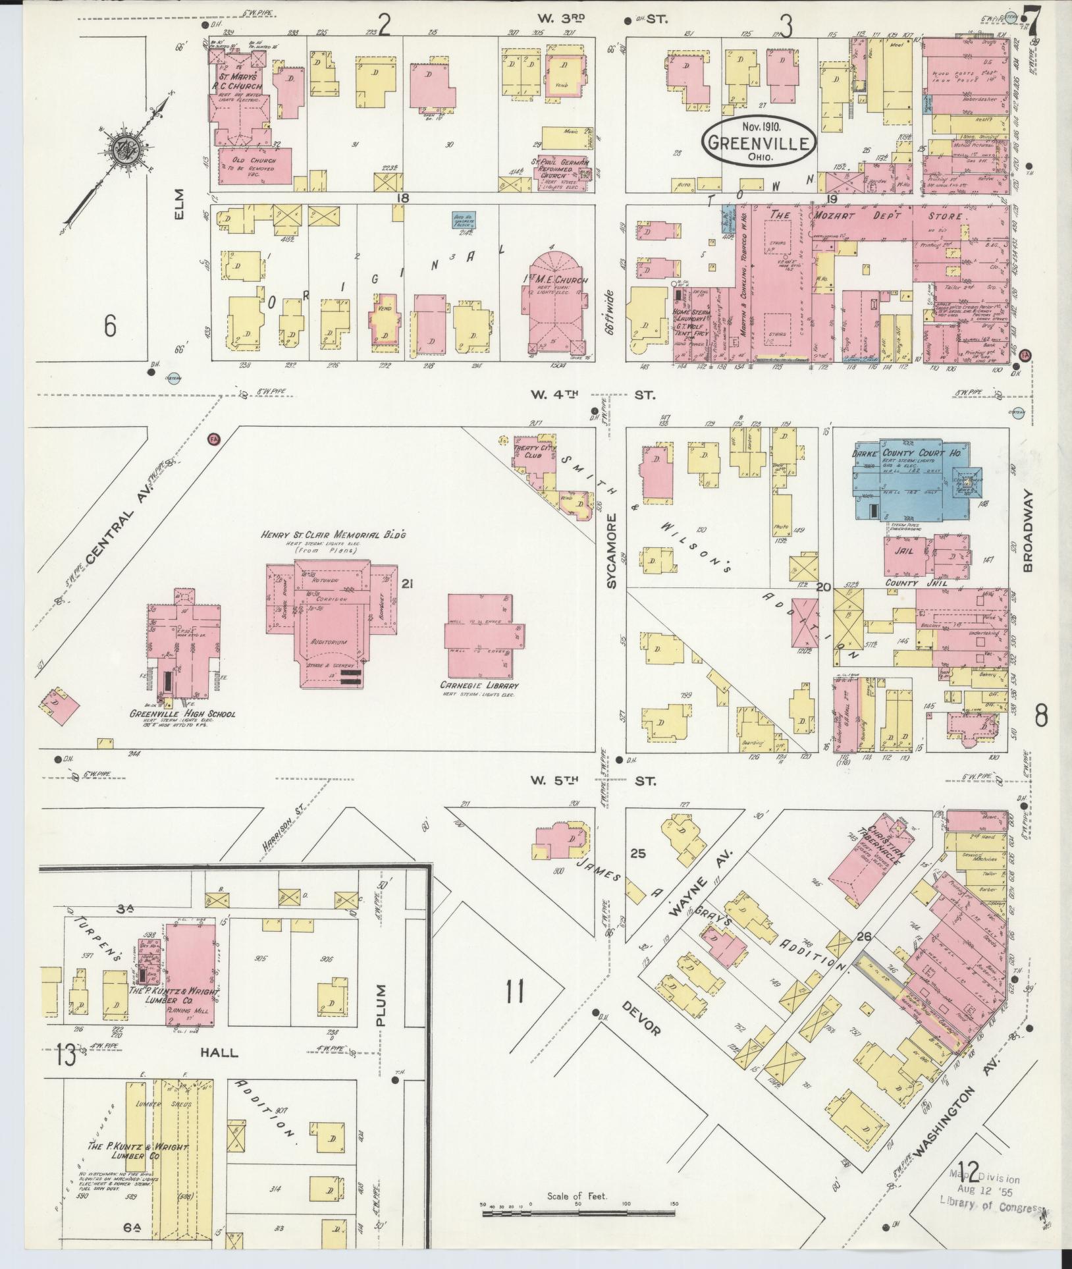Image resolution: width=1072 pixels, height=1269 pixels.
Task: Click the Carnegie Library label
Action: click(478, 686)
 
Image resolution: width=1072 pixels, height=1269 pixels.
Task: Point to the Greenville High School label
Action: click(182, 714)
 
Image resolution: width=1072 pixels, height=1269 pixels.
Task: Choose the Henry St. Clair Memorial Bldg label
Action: click(333, 535)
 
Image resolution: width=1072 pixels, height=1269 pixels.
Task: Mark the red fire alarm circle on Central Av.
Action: click(213, 439)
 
